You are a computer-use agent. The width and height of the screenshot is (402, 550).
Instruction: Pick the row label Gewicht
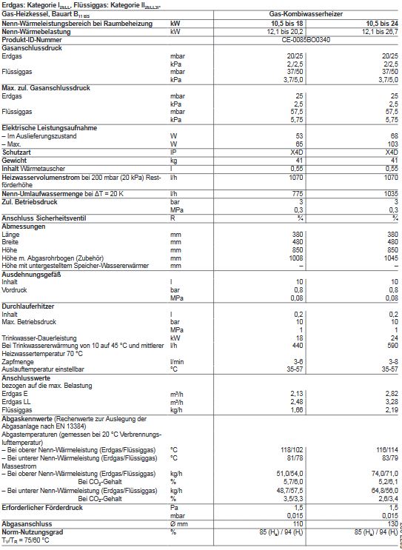tap(15, 160)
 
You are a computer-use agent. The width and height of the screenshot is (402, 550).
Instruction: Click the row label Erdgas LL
tap(19, 403)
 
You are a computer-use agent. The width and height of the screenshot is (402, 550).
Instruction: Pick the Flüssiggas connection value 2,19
tap(391, 409)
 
